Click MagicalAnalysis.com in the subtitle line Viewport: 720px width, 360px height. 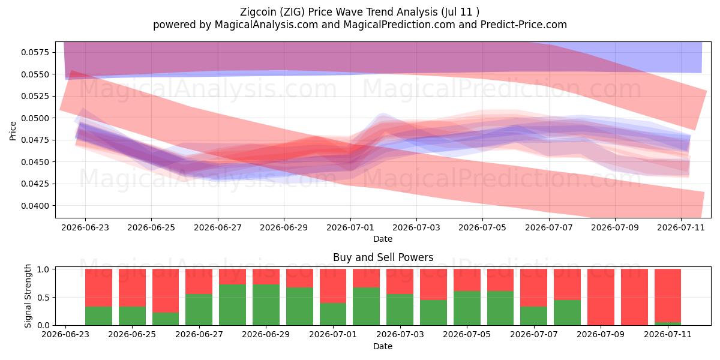click(266, 25)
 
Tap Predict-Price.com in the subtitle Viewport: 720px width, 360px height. click(524, 25)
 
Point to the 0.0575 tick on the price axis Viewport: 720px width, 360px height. click(35, 52)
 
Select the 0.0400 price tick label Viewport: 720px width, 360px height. click(35, 206)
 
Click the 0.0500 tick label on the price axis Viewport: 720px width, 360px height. click(35, 118)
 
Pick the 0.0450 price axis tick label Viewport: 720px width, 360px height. click(35, 162)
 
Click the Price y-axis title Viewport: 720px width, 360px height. click(13, 131)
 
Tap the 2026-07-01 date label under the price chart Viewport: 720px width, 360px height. click(350, 227)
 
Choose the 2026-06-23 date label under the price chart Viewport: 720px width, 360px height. click(85, 227)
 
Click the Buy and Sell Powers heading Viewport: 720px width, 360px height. click(383, 257)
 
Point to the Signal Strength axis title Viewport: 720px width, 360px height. click(28, 296)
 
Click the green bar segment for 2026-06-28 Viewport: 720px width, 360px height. click(232, 305)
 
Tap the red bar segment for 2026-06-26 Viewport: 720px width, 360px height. click(166, 291)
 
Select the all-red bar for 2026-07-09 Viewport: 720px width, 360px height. click(601, 297)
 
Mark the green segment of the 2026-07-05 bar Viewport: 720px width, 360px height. click(467, 308)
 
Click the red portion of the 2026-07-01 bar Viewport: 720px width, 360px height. click(333, 286)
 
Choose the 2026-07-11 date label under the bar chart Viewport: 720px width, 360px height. click(668, 334)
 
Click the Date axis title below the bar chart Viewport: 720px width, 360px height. click(383, 346)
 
